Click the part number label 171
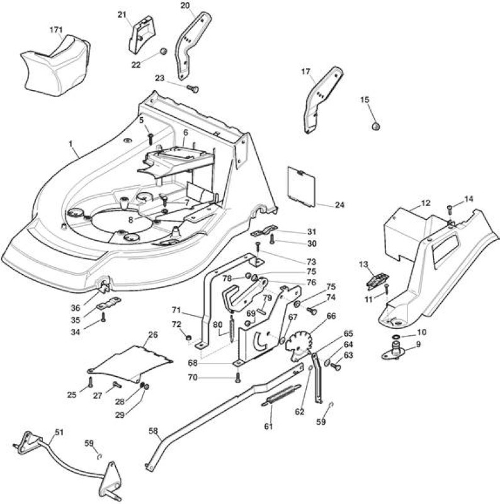tap(56, 30)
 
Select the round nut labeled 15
tap(376, 127)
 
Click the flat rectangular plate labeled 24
tap(302, 186)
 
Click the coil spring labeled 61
tap(281, 395)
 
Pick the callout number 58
tap(154, 430)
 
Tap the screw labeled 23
tap(193, 88)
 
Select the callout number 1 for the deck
tap(71, 144)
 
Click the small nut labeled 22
tap(164, 52)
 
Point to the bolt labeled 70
tap(238, 377)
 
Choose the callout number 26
tap(153, 335)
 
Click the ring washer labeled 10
tap(395, 336)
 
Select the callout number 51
tap(59, 432)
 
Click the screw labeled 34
tap(103, 318)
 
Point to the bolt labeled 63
tap(336, 366)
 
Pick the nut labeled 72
tap(189, 337)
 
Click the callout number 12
tap(426, 203)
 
